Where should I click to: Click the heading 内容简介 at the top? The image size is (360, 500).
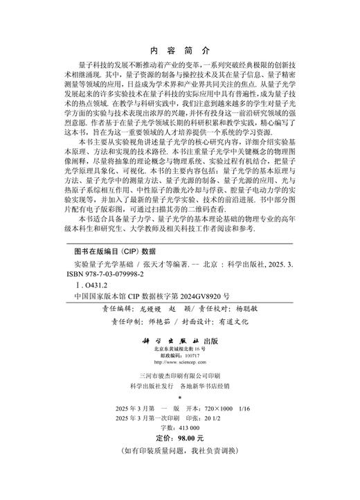point(179,51)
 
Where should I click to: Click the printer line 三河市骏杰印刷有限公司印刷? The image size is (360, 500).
point(179,375)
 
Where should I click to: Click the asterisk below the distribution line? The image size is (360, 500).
point(179,398)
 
